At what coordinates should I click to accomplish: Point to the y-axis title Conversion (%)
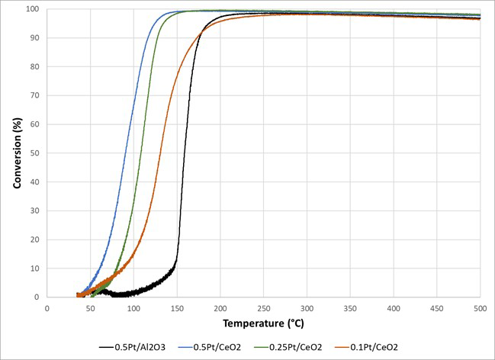(x=16, y=153)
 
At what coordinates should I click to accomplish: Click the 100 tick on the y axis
(x=34, y=9)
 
